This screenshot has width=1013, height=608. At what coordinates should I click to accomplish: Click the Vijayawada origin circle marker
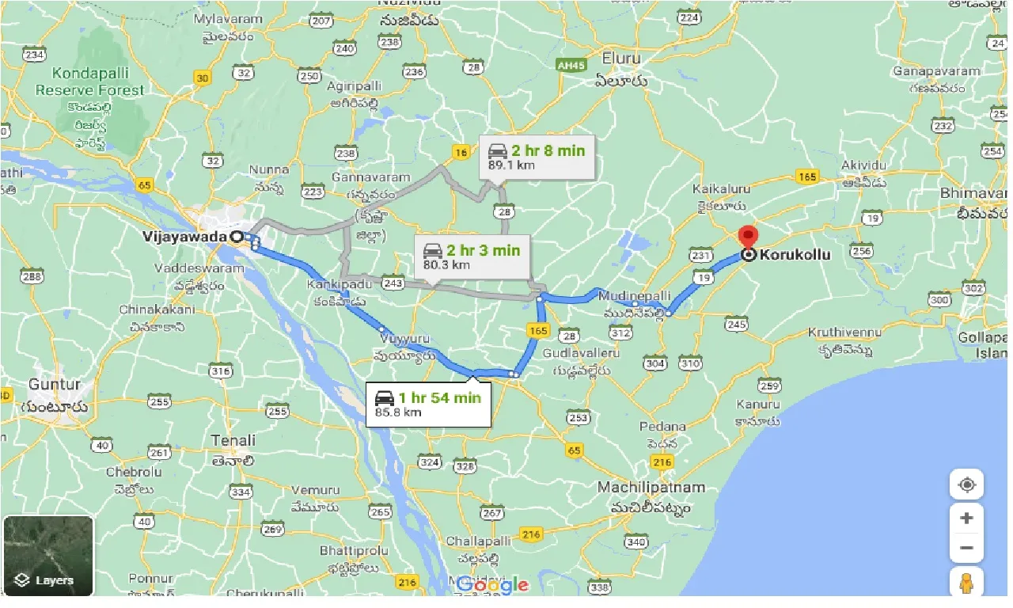pyautogui.click(x=236, y=237)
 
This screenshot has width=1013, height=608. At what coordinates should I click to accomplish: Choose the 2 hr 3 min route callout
pyautogui.click(x=472, y=256)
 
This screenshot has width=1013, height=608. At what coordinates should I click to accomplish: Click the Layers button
pyautogui.click(x=48, y=556)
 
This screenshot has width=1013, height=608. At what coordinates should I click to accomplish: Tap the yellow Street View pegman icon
pyautogui.click(x=966, y=583)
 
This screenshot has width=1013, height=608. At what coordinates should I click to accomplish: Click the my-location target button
pyautogui.click(x=966, y=484)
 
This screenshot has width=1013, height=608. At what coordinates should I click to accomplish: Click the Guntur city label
pyautogui.click(x=55, y=385)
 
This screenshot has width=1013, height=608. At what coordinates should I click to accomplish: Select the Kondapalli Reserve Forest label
pyautogui.click(x=89, y=82)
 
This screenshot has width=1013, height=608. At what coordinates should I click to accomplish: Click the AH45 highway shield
pyautogui.click(x=570, y=64)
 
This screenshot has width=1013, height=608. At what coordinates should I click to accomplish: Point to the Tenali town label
pyautogui.click(x=233, y=440)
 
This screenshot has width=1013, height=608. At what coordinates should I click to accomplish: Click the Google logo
pyautogui.click(x=492, y=585)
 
